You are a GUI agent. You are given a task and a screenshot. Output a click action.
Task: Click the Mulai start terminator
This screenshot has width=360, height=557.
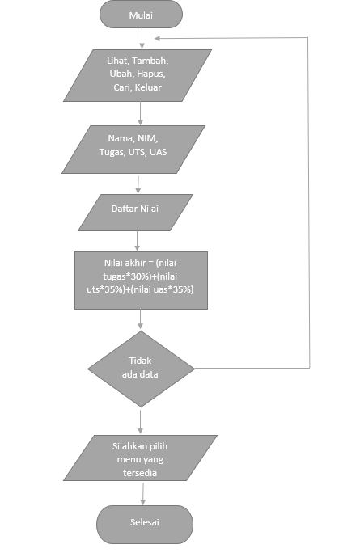[x=142, y=15]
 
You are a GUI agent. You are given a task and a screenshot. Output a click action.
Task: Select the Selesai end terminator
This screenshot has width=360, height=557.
[x=145, y=522]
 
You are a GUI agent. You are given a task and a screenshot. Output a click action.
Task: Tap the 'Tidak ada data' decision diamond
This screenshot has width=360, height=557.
[x=141, y=367]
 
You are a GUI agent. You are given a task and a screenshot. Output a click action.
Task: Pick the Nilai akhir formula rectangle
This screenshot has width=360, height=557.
[x=140, y=280]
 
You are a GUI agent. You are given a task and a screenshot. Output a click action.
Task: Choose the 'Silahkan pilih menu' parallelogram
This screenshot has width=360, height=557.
[x=143, y=458]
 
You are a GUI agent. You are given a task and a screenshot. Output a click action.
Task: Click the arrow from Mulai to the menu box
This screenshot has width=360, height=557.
[x=142, y=38]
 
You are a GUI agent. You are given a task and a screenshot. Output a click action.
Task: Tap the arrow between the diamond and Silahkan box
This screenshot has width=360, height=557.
[x=141, y=420]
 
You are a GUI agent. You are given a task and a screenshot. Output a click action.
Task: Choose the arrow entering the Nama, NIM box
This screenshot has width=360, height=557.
[x=140, y=113]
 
